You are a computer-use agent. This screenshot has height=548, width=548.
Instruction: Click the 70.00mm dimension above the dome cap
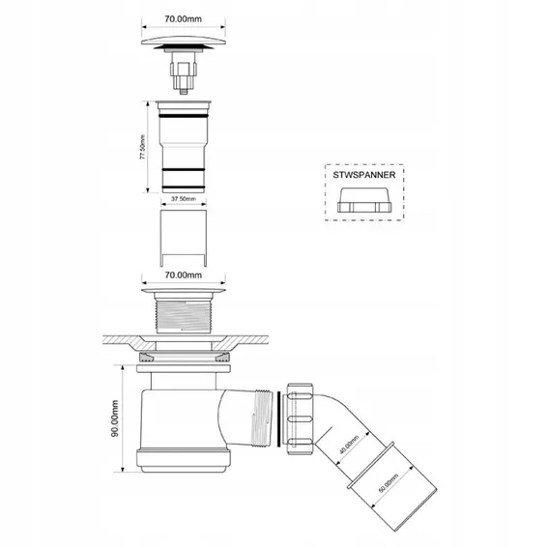point(183,19)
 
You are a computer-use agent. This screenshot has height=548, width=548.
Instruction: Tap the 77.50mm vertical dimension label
point(143,147)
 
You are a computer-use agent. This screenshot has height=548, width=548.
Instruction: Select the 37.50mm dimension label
point(184,199)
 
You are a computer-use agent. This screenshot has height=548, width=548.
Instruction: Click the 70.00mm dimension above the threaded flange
point(183,275)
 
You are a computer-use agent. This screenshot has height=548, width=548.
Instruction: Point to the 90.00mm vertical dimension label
point(115,418)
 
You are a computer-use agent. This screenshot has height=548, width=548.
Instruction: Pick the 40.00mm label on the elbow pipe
point(349,445)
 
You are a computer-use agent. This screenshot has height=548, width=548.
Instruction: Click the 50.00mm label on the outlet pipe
point(389,483)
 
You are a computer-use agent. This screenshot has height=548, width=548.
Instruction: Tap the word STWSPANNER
point(364,175)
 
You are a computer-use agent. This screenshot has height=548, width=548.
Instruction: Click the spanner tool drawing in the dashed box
point(364,200)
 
